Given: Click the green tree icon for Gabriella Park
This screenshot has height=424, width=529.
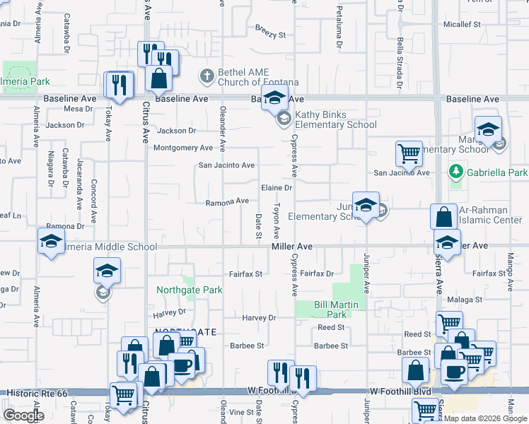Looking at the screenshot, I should (x=457, y=172).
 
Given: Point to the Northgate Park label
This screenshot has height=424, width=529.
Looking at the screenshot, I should (x=190, y=290).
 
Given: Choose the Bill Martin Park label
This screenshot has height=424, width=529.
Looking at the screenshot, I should (x=331, y=310).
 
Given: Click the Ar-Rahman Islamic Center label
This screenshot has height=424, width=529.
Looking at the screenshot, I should (x=490, y=215).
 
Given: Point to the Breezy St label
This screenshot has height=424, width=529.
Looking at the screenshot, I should (x=270, y=34).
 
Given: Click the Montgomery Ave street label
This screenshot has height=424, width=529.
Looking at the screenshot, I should (x=183, y=148).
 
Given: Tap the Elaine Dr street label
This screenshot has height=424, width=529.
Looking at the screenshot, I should (x=277, y=188).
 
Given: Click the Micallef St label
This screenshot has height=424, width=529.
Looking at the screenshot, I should (x=462, y=24).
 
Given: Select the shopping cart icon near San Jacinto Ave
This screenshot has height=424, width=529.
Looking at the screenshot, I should (x=409, y=153).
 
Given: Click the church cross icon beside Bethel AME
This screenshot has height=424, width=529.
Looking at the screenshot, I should (x=207, y=75).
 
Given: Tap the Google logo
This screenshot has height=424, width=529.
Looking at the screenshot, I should (x=23, y=416).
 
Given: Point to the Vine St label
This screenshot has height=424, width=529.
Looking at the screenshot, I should (x=241, y=412).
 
